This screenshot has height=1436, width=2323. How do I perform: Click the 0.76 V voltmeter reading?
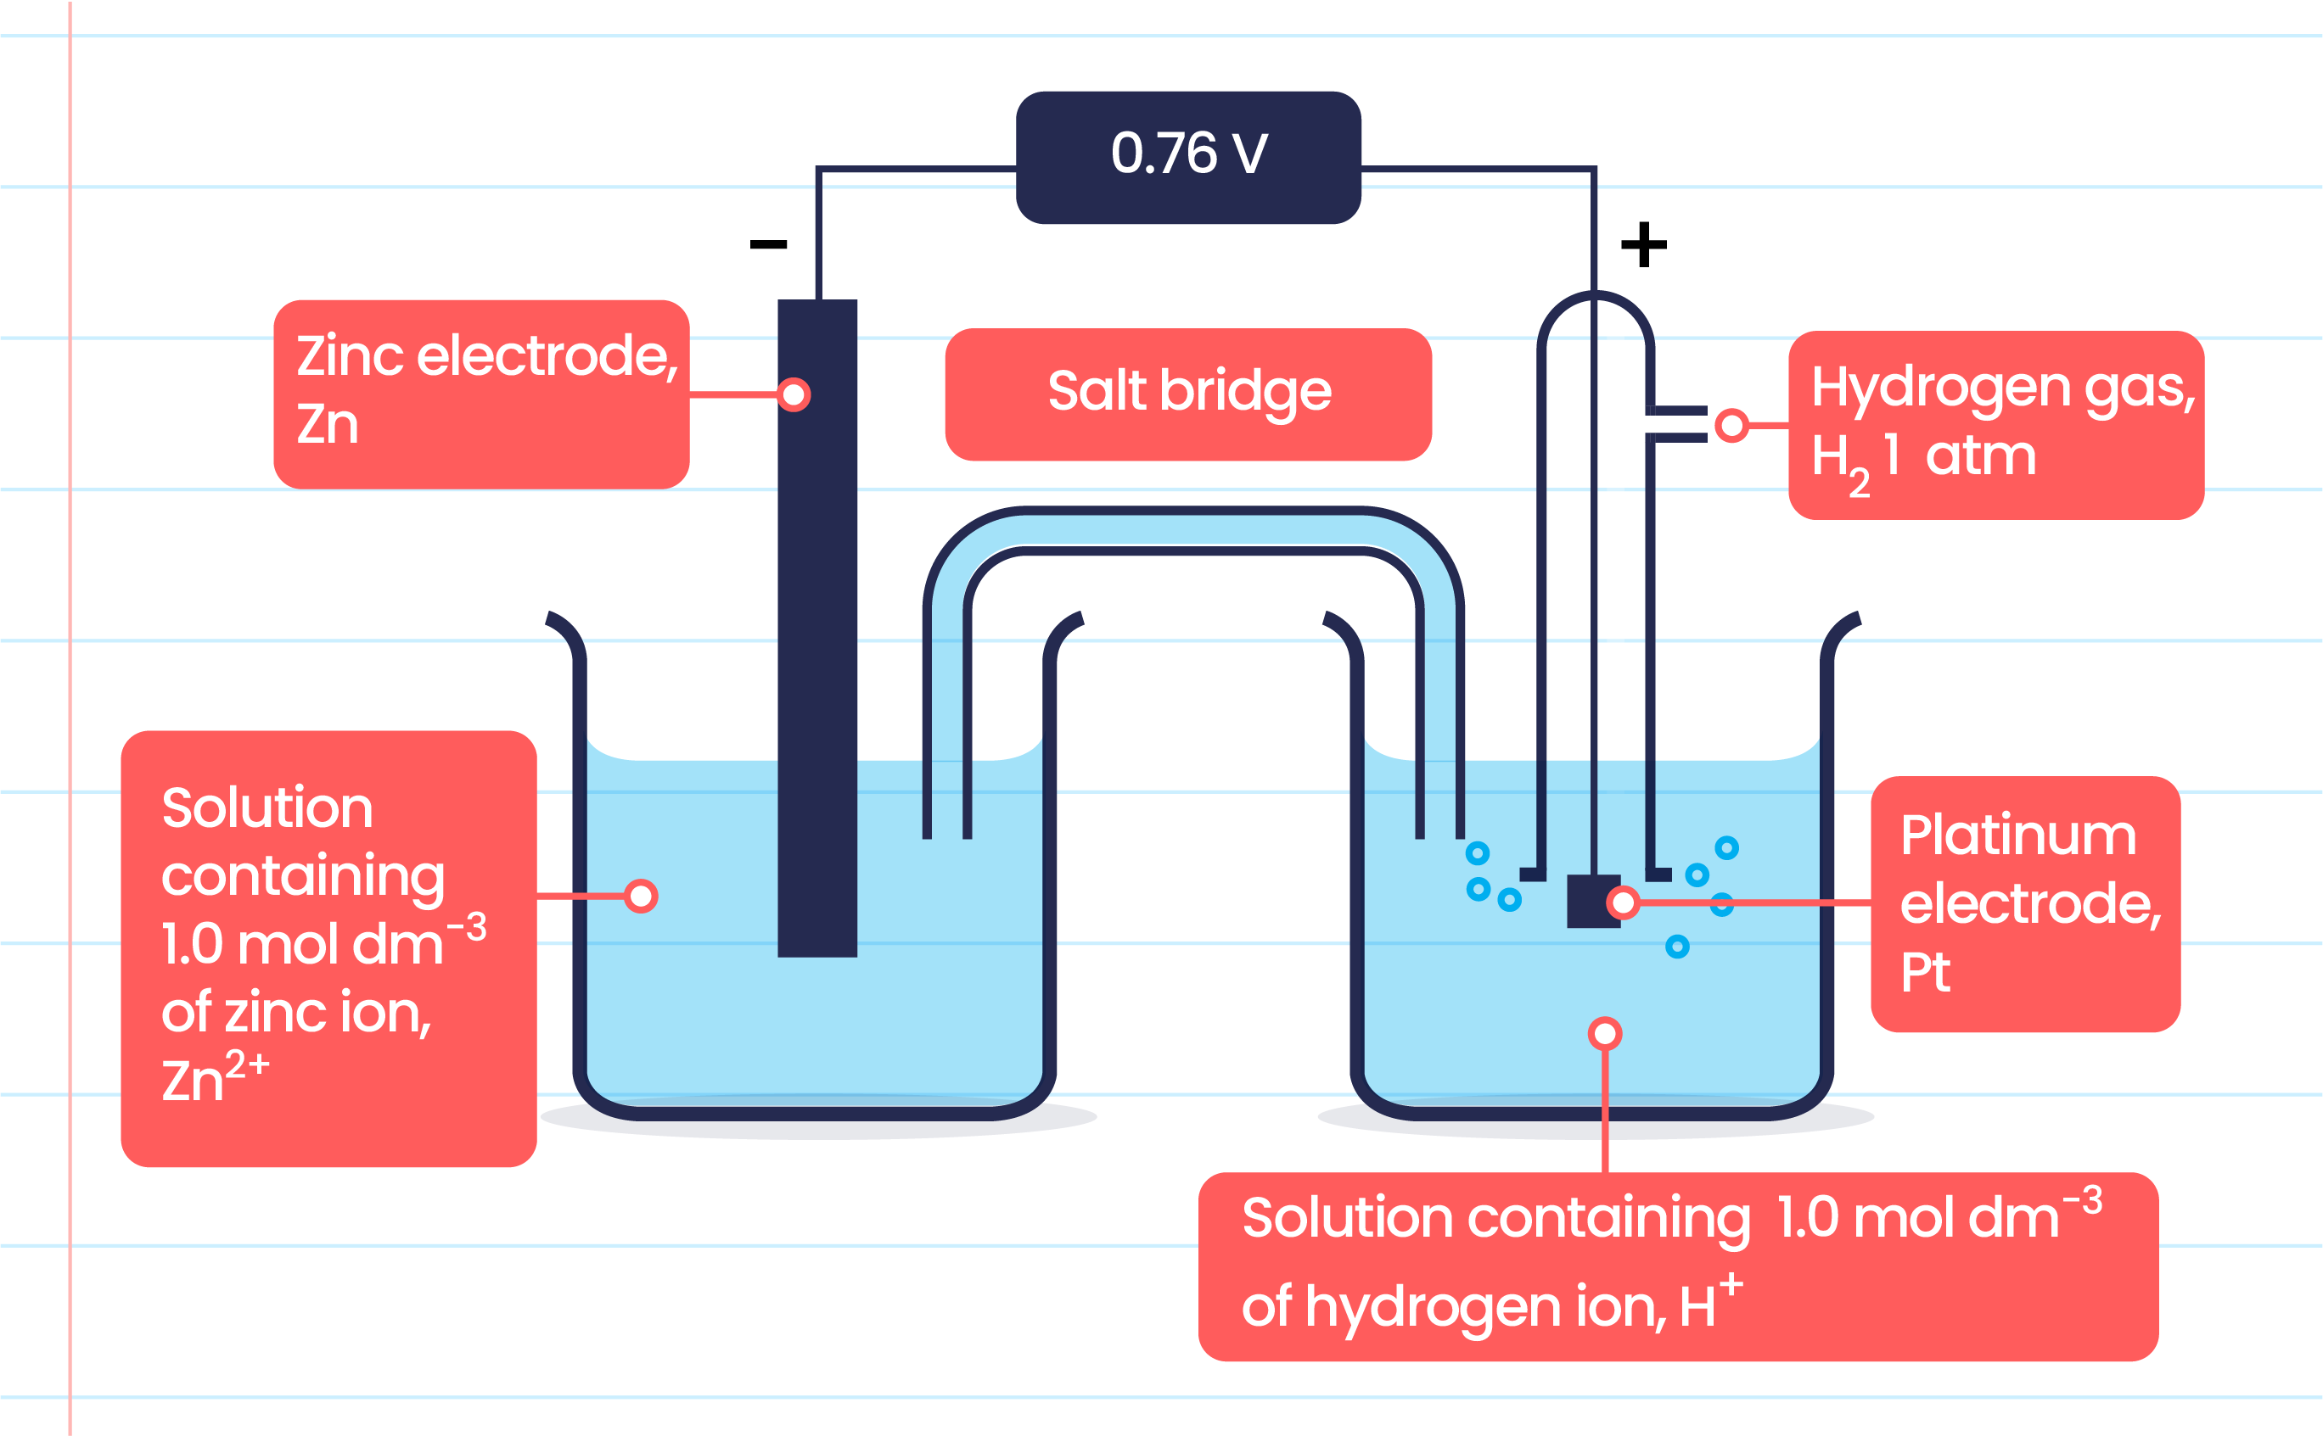click(1188, 154)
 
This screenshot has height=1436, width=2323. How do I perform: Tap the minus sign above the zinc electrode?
click(767, 245)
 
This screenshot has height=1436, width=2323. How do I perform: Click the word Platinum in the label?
click(2018, 835)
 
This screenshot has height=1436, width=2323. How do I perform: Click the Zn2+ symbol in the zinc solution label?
click(215, 1077)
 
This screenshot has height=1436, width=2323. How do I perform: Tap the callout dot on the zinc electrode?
click(794, 394)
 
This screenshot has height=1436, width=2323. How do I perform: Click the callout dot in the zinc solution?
click(642, 896)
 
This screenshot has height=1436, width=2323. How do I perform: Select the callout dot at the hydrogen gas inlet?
click(1731, 426)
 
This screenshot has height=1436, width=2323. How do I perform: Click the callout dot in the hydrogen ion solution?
click(1605, 1033)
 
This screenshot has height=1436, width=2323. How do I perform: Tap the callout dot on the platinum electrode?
click(1624, 902)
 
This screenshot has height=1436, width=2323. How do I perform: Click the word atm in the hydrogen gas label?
click(1981, 458)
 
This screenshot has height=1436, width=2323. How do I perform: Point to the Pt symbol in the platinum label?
click(1925, 973)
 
